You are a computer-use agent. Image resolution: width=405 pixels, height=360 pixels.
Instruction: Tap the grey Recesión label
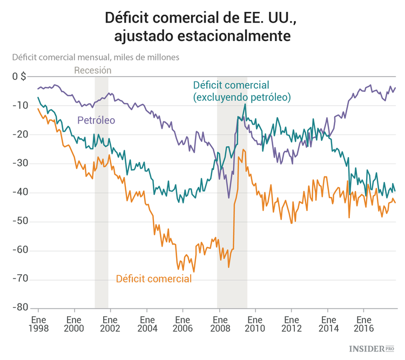(92, 70)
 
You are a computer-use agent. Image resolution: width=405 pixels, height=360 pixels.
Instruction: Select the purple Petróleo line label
(96, 120)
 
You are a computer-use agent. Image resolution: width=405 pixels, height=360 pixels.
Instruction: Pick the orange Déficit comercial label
(154, 279)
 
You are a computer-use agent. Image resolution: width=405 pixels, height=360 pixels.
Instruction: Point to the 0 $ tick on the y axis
(19, 76)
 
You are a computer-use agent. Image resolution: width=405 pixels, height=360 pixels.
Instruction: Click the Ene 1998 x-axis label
(38, 323)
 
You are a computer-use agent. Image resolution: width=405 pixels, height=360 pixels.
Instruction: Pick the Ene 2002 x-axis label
(111, 323)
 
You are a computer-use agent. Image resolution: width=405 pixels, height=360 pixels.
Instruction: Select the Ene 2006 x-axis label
(183, 323)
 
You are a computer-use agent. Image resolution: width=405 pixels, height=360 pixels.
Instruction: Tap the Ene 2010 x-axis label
(255, 323)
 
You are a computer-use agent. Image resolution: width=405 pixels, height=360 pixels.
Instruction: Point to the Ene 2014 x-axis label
(327, 323)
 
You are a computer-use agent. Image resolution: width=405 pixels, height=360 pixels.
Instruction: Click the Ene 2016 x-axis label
(363, 323)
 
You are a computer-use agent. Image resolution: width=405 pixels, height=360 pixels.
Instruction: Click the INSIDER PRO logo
(372, 349)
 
